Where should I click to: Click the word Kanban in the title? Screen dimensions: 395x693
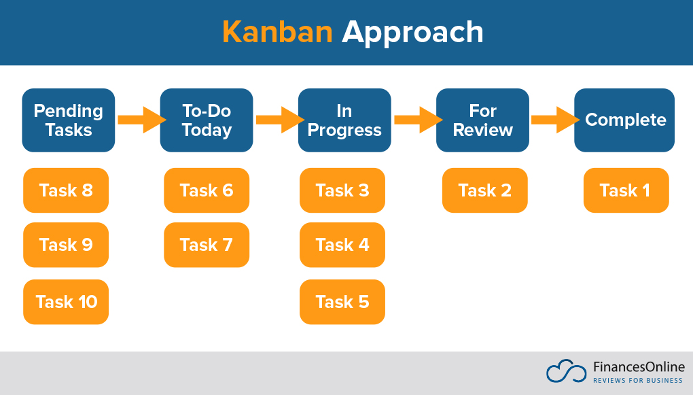click(x=277, y=32)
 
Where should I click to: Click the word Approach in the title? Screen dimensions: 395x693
click(x=412, y=33)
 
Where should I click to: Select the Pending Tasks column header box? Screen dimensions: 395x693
click(x=69, y=120)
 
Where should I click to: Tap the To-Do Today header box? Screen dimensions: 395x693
click(x=207, y=120)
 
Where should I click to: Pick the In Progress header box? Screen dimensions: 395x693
click(x=344, y=120)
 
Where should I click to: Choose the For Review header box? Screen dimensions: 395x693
click(x=482, y=120)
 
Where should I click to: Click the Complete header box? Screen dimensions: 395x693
click(x=624, y=120)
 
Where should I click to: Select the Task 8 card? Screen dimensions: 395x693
click(x=66, y=190)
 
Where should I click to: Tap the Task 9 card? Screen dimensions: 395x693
click(x=66, y=245)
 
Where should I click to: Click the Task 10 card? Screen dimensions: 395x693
click(x=66, y=302)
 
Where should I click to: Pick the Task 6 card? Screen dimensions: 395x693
click(x=207, y=190)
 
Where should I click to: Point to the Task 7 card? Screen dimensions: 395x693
click(x=207, y=245)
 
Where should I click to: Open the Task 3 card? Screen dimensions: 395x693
click(x=342, y=190)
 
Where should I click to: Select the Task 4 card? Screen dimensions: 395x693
click(x=342, y=245)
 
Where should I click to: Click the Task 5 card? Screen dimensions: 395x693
click(x=342, y=302)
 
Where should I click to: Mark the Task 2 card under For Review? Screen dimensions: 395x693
click(x=485, y=190)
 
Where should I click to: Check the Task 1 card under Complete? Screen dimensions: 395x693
click(x=626, y=190)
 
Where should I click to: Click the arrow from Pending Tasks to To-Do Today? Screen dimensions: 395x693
click(x=141, y=120)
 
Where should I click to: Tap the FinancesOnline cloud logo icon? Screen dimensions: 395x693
click(x=566, y=371)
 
